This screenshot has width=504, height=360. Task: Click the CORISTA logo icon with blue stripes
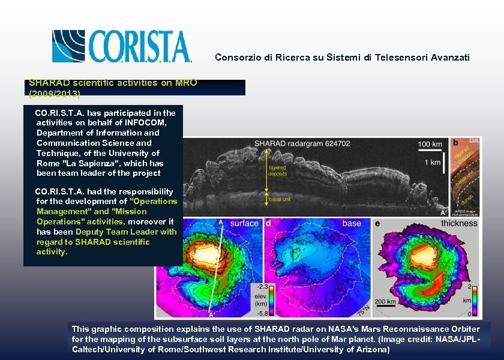point(68,46)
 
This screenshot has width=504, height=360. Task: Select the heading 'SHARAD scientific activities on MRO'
point(113,83)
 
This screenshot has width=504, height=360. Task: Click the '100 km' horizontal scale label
point(430,144)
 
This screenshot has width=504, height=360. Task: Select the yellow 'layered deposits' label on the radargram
point(278,170)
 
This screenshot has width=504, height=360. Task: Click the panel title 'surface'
point(244,223)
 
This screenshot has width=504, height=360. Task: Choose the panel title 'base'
point(352,223)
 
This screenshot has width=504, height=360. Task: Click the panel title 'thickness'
point(459,223)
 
